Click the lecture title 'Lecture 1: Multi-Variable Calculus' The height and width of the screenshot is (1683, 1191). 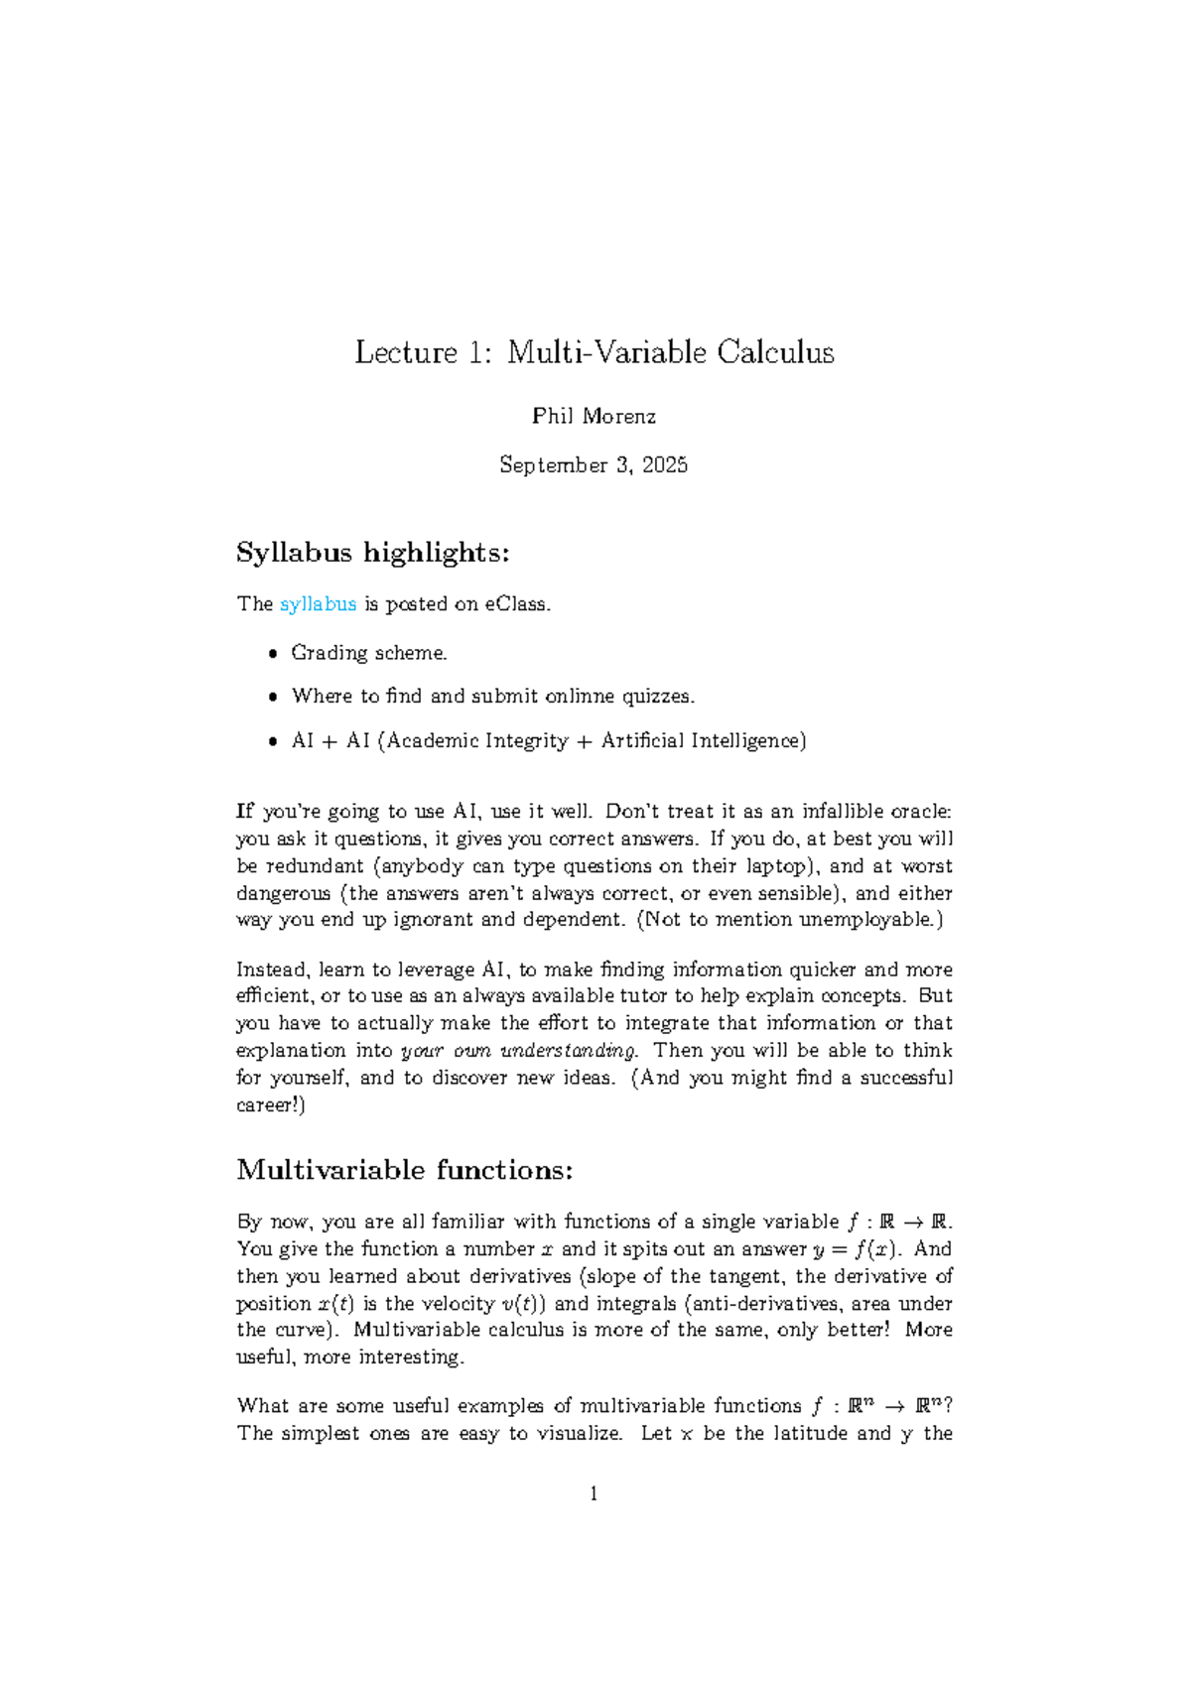[x=595, y=352]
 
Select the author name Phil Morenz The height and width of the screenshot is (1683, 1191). [x=594, y=417]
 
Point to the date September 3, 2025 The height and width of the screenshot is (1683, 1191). [x=594, y=465]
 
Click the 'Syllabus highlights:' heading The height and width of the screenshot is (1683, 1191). [x=372, y=553]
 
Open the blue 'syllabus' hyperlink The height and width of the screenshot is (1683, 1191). [x=318, y=604]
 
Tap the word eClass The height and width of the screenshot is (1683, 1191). [x=515, y=604]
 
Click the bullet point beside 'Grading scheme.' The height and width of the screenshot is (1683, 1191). [x=273, y=654]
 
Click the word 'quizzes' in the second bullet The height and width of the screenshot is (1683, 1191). [x=656, y=697]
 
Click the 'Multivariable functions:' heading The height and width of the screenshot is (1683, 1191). [x=404, y=1171]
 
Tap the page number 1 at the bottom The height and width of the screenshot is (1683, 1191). [x=594, y=1494]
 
